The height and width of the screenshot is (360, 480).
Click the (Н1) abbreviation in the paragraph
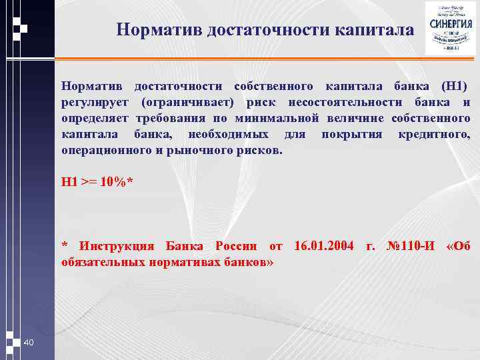(x=454, y=87)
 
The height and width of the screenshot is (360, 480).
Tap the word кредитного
(x=434, y=135)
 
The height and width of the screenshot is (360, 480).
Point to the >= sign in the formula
(x=89, y=182)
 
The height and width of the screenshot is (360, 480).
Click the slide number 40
(x=29, y=342)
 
